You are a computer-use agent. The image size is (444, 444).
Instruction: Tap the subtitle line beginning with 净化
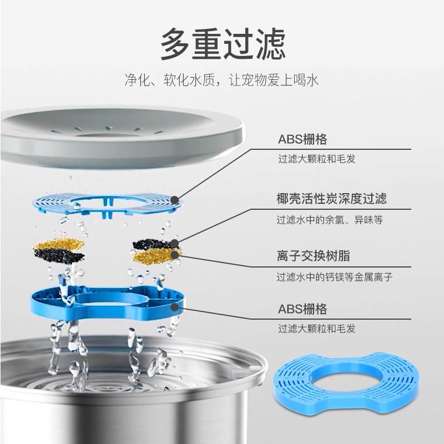click(222, 79)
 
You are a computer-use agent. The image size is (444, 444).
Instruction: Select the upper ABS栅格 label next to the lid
click(302, 139)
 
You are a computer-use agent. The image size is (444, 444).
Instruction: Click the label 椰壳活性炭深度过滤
click(331, 198)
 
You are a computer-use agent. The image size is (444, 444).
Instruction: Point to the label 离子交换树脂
click(313, 256)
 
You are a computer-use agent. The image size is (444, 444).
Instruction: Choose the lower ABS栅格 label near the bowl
click(302, 309)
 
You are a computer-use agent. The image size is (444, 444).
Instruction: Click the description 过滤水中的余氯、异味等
click(330, 220)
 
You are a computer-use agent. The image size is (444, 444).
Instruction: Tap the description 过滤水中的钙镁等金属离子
click(334, 277)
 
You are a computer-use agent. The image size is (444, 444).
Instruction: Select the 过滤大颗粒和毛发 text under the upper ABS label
click(316, 159)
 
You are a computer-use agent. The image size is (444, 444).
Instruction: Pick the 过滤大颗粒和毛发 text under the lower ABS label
click(316, 329)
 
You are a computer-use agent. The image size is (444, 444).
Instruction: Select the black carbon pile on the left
click(58, 256)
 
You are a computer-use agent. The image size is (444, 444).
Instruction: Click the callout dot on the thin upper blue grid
click(175, 199)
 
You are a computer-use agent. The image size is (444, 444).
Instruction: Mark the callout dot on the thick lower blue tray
click(175, 306)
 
